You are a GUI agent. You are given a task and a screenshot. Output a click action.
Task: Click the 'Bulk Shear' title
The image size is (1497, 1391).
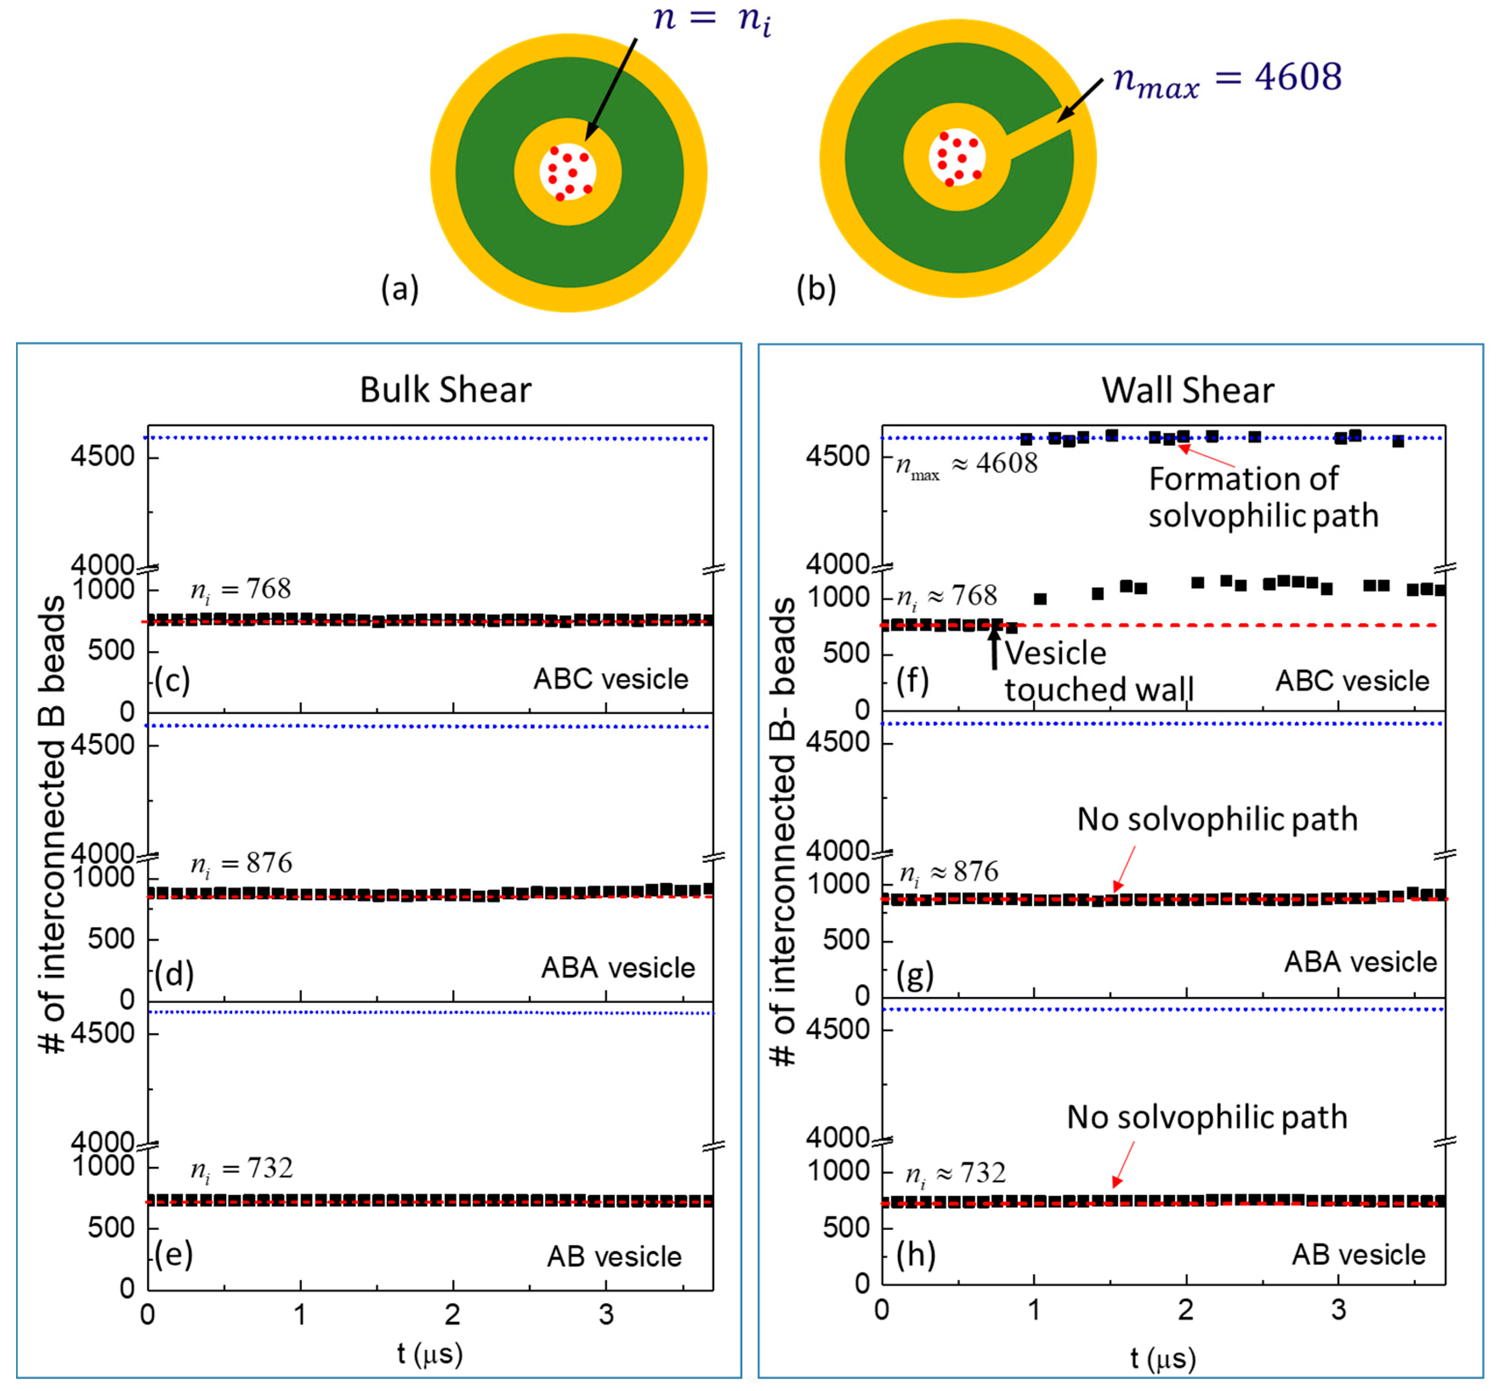[x=445, y=390]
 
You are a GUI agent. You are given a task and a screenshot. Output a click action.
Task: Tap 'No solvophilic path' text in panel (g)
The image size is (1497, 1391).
[x=1217, y=819]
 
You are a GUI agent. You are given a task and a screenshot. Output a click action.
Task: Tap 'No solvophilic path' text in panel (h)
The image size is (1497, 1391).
[x=1206, y=1117]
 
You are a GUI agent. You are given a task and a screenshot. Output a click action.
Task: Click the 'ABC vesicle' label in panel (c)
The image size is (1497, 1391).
[x=610, y=679]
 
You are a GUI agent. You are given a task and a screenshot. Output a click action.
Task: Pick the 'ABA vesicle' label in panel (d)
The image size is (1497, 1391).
[x=618, y=968]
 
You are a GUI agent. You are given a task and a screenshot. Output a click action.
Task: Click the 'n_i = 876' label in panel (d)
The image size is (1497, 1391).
[x=241, y=864]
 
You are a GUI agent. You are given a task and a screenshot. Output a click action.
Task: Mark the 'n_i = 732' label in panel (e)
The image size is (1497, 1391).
[x=241, y=1169]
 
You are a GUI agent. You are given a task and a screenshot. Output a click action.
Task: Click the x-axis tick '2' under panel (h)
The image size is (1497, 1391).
[x=1186, y=1310]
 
